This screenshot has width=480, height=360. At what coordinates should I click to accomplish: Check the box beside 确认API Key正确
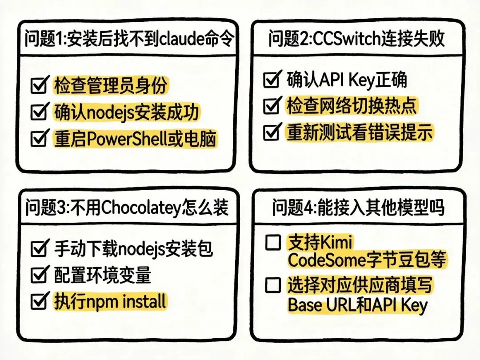(271, 80)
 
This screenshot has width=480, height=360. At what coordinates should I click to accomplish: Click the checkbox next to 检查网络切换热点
(271, 106)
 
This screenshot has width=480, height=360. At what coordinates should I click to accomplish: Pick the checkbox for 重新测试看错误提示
(271, 132)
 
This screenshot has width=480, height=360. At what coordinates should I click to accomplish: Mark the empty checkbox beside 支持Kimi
(272, 243)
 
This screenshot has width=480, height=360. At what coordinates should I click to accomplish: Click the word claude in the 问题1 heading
(176, 40)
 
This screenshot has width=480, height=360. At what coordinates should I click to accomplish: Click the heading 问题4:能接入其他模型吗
(358, 208)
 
